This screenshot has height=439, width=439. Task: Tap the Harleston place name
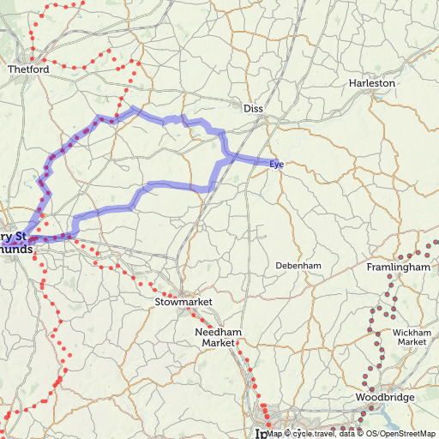coord(372,83)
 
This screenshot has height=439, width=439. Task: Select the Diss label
coord(253,109)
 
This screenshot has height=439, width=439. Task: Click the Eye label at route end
coord(276,163)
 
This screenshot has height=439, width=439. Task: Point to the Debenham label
coord(298,266)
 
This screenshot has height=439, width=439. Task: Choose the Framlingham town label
coord(398,268)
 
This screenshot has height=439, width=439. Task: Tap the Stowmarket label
coord(183,303)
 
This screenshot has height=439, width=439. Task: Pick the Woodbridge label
coord(385,398)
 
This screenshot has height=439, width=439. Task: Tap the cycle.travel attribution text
coord(313,434)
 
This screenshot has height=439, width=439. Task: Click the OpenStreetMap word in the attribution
coord(410,434)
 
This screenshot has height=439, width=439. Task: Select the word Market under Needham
coord(218,343)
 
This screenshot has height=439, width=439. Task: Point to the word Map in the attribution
coord(274,434)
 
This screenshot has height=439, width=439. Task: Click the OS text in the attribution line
coord(376,434)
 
